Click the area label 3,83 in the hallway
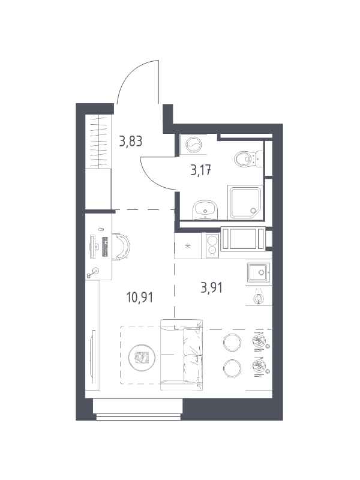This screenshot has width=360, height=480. pyautogui.click(x=131, y=142)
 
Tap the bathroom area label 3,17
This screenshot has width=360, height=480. pyautogui.click(x=201, y=170)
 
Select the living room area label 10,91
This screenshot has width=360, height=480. pyautogui.click(x=140, y=297)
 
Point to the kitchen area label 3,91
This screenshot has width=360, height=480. pyautogui.click(x=211, y=288)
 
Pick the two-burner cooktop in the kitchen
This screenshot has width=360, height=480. pyautogui.click(x=212, y=245)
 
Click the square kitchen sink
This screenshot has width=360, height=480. pyautogui.click(x=259, y=272)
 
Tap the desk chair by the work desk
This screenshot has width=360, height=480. pyautogui.click(x=122, y=247)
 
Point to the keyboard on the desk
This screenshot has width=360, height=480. pyautogui.click(x=105, y=247)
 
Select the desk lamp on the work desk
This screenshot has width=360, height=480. pyautogui.click(x=94, y=273)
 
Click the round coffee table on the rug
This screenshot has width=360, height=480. pyautogui.click(x=142, y=356)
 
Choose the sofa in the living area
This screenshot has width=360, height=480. pyautogui.click(x=182, y=355)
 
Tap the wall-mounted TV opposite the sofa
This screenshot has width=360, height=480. pyautogui.click(x=94, y=356)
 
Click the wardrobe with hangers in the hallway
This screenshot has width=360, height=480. pyautogui.click(x=98, y=141)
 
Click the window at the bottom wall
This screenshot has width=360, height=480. pyautogui.click(x=138, y=409)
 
